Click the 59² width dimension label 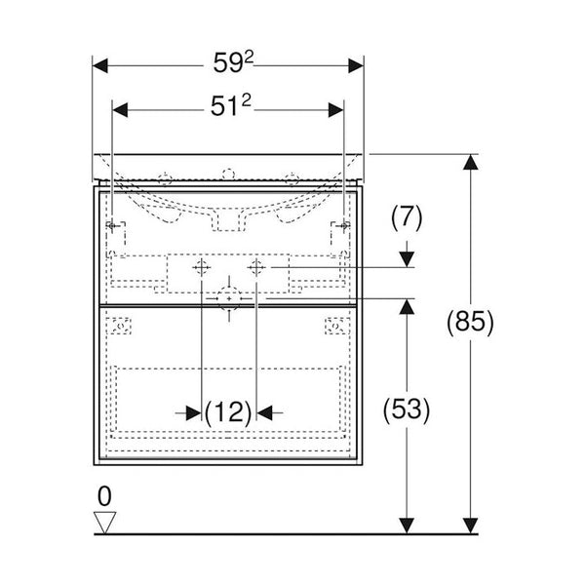point(233,62)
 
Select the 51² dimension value point(230,105)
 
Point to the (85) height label point(470,322)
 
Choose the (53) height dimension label point(407,409)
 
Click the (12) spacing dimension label point(228,412)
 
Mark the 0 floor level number point(104,496)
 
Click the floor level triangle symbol point(105,523)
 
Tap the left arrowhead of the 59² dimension point(100,65)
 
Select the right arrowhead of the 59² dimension point(356,65)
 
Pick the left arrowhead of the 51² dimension point(120,110)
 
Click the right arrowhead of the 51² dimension point(335,110)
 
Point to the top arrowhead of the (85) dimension point(471,162)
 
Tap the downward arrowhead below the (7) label point(407,259)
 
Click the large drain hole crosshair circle point(229,299)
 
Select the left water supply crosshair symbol point(202,267)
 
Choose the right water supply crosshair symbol point(256,267)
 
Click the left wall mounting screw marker point(112,226)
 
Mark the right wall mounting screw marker point(344,226)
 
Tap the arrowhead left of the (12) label point(194,412)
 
